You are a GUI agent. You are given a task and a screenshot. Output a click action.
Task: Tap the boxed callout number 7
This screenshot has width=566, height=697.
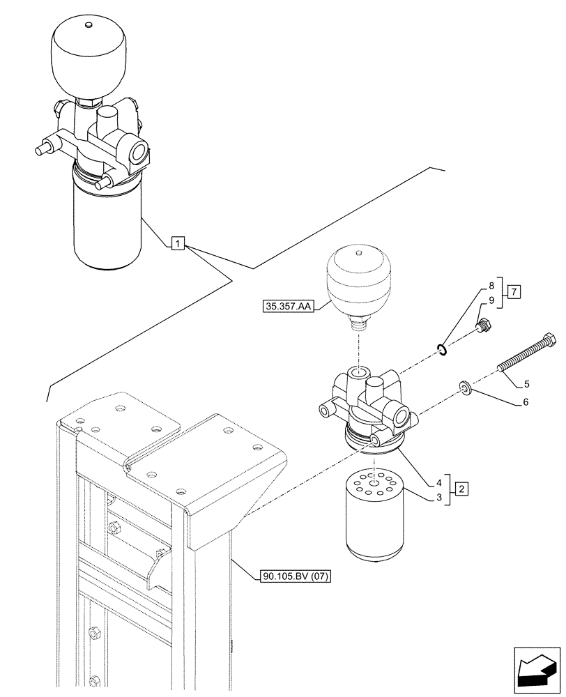pyautogui.click(x=513, y=291)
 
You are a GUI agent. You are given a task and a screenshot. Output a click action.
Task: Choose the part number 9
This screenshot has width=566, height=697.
pyautogui.click(x=491, y=300)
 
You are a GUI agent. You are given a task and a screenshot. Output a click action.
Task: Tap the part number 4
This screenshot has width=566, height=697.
pyautogui.click(x=440, y=481)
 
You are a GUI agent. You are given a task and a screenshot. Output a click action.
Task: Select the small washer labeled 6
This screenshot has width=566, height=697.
pyautogui.click(x=465, y=387)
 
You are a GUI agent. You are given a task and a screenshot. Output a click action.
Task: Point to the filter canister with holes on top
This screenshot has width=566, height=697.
pyautogui.click(x=375, y=514)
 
